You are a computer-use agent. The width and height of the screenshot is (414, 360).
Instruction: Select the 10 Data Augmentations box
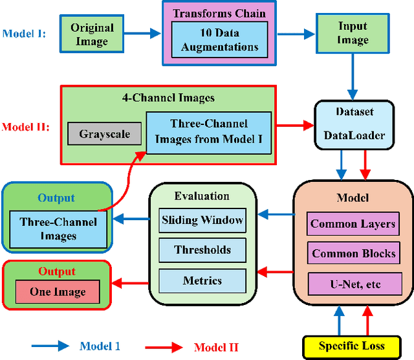(219, 39)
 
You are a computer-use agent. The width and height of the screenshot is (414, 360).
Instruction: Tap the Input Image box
(352, 34)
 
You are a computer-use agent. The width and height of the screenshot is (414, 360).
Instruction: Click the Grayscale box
(104, 135)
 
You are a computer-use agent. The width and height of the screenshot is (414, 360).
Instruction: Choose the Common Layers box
(353, 224)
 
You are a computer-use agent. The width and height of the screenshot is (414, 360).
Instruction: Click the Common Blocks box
(353, 253)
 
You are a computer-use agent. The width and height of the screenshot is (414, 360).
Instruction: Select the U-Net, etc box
(353, 283)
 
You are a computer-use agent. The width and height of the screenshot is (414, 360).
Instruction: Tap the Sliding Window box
(202, 220)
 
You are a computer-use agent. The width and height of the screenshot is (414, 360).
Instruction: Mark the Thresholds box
(202, 250)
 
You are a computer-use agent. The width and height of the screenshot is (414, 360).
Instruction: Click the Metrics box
(202, 281)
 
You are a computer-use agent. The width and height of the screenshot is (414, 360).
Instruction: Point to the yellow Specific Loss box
(352, 346)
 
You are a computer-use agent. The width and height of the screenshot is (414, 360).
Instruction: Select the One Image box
(57, 292)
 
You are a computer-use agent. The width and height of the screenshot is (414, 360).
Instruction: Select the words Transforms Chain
(220, 12)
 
